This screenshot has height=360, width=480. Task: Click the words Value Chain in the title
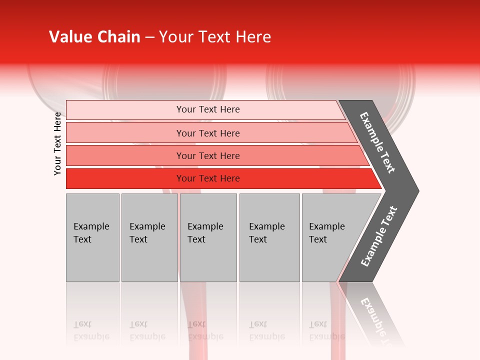pyautogui.click(x=94, y=37)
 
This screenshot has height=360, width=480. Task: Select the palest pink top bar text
pyautogui.click(x=208, y=109)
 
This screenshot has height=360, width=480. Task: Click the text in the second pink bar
pyautogui.click(x=208, y=133)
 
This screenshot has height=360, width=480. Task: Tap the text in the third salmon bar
pyautogui.click(x=208, y=155)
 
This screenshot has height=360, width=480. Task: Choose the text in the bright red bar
pyautogui.click(x=208, y=178)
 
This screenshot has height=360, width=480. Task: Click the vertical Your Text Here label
pyautogui.click(x=57, y=143)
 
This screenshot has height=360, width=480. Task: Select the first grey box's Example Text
pyautogui.click(x=91, y=232)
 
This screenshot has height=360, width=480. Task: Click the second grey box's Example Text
pyautogui.click(x=147, y=232)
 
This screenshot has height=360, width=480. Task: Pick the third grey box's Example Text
pyautogui.click(x=205, y=232)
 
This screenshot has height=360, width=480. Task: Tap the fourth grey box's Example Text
pyautogui.click(x=266, y=232)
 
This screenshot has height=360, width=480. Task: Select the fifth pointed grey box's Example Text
pyautogui.click(x=326, y=232)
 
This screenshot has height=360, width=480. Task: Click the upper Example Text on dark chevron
pyautogui.click(x=377, y=142)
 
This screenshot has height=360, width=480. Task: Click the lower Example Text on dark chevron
pyautogui.click(x=379, y=236)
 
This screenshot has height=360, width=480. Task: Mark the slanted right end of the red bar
pyautogui.click(x=376, y=179)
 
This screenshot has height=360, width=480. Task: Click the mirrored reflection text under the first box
pyautogui.click(x=91, y=330)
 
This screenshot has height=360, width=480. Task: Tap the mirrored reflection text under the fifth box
pyautogui.click(x=326, y=330)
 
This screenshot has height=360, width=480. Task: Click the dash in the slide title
pyautogui.click(x=149, y=37)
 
